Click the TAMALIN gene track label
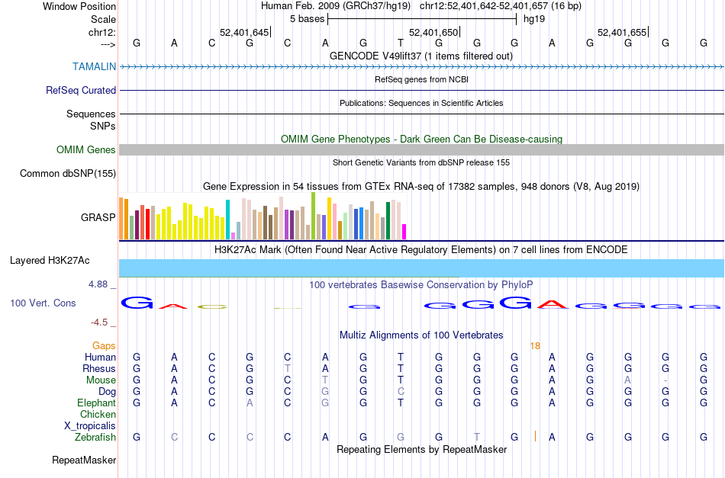[x=94, y=66]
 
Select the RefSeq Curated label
[x=81, y=90]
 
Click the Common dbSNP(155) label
[x=68, y=173]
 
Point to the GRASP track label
[x=98, y=217]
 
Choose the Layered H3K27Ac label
[x=50, y=260]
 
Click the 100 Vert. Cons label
[x=43, y=303]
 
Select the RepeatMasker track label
[x=84, y=460]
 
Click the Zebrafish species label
[x=95, y=437]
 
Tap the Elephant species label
[x=96, y=403]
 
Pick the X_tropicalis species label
[x=90, y=425]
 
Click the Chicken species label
[x=98, y=414]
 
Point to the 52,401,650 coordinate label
[x=433, y=32]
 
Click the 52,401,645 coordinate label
[x=244, y=32]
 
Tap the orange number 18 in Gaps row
[x=535, y=345]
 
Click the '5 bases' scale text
[x=307, y=18]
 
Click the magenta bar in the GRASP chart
[x=404, y=230]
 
